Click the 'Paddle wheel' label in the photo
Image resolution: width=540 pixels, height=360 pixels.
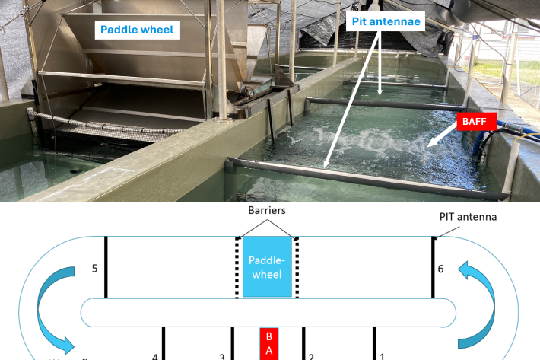tap(135, 31)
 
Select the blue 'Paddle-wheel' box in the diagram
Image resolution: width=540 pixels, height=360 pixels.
tap(265, 267)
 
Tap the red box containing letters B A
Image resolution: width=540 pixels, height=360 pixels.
tap(267, 344)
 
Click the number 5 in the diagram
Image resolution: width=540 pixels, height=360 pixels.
tap(94, 269)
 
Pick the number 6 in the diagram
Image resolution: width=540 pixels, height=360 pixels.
tap(440, 269)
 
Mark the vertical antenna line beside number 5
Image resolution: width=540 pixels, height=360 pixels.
tap(106, 266)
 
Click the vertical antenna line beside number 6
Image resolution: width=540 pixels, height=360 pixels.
tap(434, 266)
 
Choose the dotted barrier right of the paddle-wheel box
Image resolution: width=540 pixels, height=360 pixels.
tap(297, 266)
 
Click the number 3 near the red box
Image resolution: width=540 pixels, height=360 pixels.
tap(222, 355)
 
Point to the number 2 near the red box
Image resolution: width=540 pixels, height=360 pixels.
tap(311, 355)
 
